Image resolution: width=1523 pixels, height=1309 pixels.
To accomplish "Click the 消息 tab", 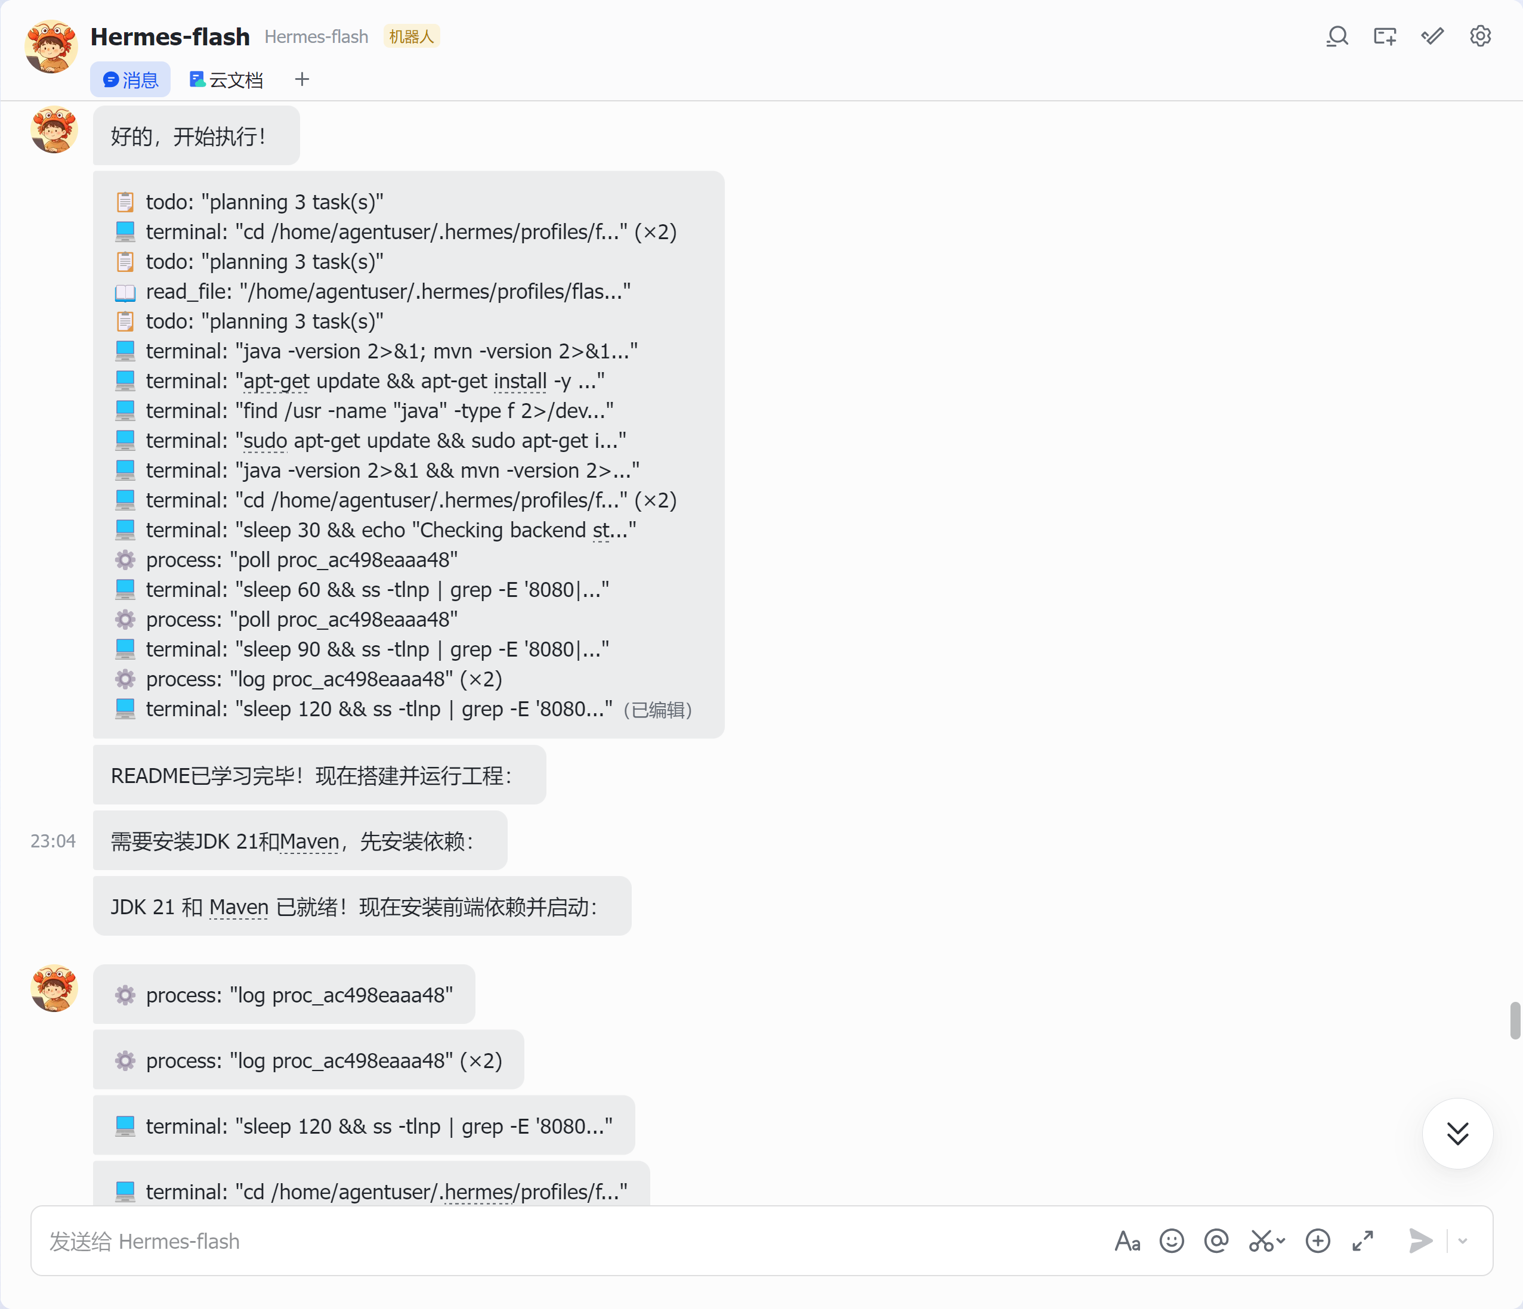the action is tap(130, 79).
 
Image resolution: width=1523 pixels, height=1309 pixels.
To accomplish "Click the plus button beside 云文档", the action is tap(302, 79).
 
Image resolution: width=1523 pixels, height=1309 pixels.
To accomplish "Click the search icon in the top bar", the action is tap(1337, 36).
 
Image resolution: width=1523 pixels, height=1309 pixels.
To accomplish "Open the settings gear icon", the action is tap(1479, 36).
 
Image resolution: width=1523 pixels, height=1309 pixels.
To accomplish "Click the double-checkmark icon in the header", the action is tap(1432, 36).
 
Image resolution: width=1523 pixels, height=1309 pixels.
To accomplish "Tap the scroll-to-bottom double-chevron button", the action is tap(1457, 1133).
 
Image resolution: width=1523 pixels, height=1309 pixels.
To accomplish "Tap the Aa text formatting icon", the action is tap(1127, 1242).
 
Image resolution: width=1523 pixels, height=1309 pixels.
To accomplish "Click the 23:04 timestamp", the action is tap(53, 841).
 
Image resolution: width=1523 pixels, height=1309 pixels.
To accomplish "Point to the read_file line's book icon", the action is tap(125, 293).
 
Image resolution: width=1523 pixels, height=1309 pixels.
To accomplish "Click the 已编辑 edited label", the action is tap(658, 710).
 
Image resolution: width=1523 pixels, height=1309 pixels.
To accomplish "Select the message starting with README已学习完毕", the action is tap(319, 775).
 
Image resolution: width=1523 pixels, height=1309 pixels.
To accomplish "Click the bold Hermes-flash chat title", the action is tap(170, 37).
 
